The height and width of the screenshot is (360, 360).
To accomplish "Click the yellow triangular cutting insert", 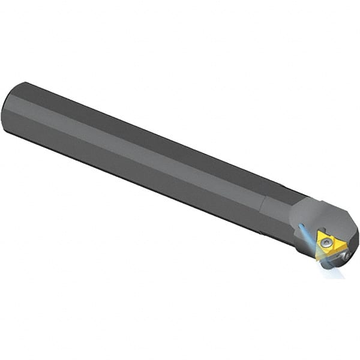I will tap(329, 245).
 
